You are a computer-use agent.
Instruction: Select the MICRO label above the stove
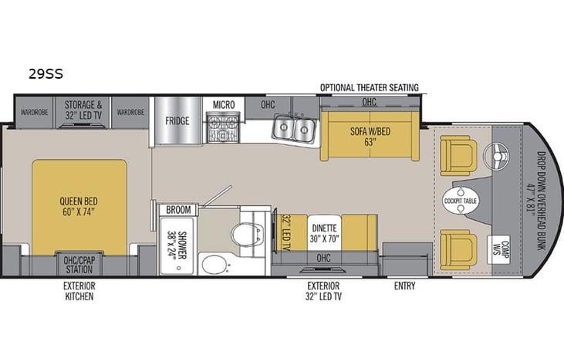coord(224,104)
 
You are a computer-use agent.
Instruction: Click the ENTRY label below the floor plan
coord(404,286)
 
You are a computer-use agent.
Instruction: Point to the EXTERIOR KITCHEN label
coord(80,291)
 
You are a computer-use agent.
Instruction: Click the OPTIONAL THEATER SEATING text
coord(370,88)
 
